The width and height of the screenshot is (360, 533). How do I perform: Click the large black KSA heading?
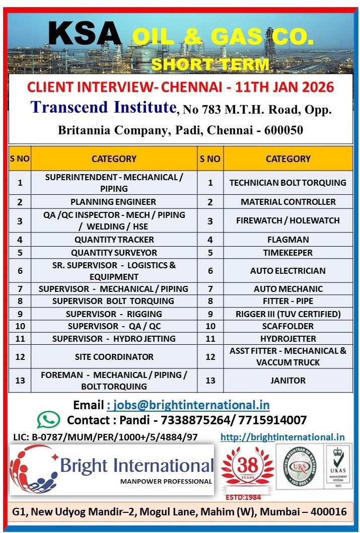coord(85,35)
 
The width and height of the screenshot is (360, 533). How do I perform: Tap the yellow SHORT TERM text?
coord(210,64)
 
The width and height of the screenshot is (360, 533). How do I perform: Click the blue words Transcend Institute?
coord(103,107)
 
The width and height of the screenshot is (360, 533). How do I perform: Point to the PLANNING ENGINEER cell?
coord(113,202)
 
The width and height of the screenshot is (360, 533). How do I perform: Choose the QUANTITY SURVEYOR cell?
coord(114,253)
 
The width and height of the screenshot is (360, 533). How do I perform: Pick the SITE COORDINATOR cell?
coord(114,357)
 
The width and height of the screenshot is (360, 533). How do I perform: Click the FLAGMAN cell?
coord(287,240)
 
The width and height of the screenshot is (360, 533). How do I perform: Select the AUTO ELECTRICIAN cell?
coord(287,271)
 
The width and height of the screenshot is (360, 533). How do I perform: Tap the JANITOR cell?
coord(287,381)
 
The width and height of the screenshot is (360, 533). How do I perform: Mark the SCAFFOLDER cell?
coord(287,326)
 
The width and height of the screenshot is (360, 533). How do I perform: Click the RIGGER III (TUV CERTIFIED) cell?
coord(287,314)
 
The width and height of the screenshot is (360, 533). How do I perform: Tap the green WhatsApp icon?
coord(48,420)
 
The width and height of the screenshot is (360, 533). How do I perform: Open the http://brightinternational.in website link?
coord(282,437)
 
